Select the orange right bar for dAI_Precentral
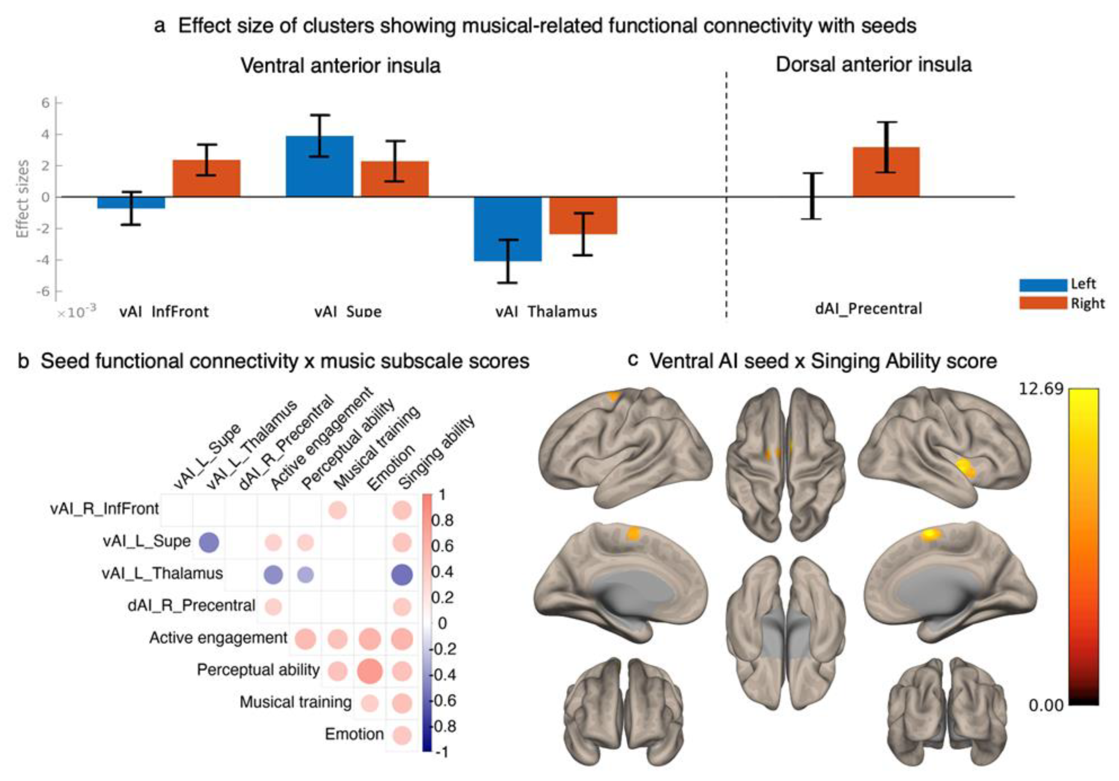point(886,172)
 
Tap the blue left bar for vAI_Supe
point(319,166)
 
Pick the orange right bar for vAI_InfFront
point(207,178)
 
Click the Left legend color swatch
point(1043,285)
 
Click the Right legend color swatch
point(1043,303)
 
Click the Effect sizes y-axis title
point(23,198)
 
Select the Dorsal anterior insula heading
point(873,64)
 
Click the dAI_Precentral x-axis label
point(868,308)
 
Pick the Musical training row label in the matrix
point(295,702)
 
